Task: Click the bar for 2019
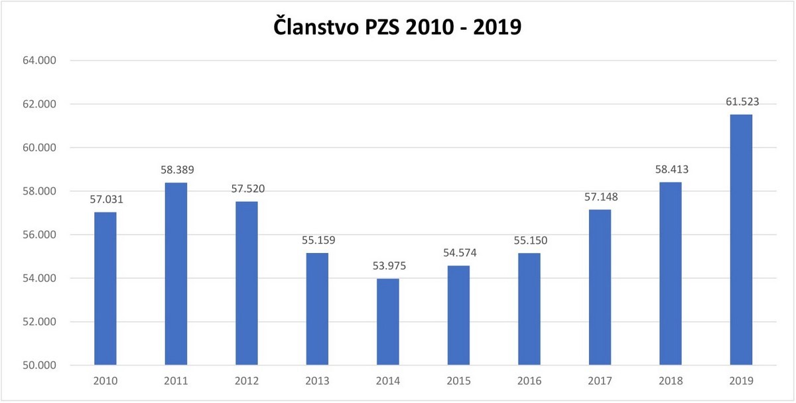741,240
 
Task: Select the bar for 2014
387,322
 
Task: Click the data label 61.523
741,102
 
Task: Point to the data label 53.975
388,266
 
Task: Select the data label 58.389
176,170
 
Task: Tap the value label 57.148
600,197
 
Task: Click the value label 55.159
318,240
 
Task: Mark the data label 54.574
458,253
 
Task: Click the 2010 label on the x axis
105,382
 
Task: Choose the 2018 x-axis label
670,382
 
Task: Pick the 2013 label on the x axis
317,382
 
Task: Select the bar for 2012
247,283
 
